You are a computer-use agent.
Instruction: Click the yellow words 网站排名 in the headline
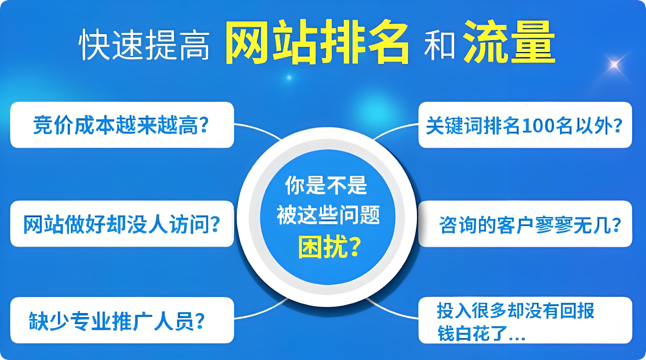click(317, 44)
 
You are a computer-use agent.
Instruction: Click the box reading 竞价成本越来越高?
click(122, 125)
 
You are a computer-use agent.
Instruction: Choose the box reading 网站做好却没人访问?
click(122, 224)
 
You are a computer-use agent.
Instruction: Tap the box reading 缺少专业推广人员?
click(122, 320)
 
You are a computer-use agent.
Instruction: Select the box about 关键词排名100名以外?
click(525, 125)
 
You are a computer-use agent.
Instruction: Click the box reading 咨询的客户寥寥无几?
click(525, 224)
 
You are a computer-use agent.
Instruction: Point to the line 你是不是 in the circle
click(326, 186)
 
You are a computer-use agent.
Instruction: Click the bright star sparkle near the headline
click(614, 65)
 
